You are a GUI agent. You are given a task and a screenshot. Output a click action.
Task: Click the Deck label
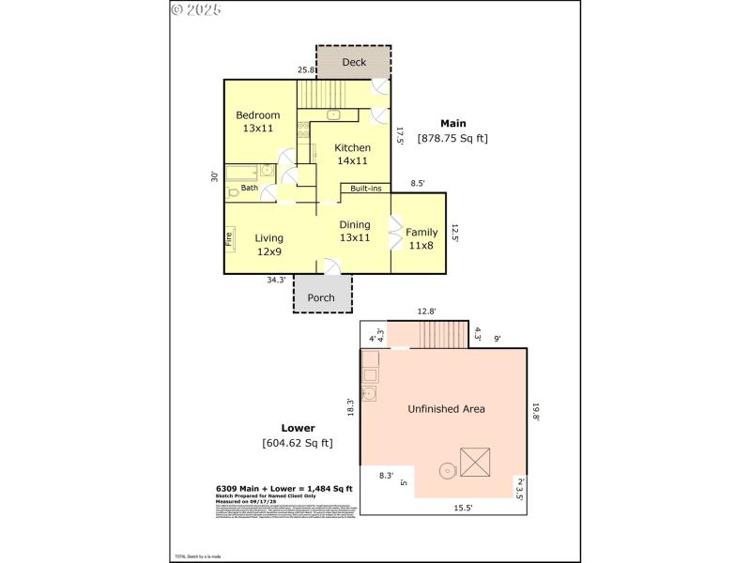pyautogui.click(x=354, y=63)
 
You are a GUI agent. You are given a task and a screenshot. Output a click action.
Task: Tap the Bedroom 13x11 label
pyautogui.click(x=256, y=122)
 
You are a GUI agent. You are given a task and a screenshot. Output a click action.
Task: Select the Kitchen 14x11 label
pyautogui.click(x=353, y=154)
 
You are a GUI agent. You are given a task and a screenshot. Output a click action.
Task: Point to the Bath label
pyautogui.click(x=249, y=188)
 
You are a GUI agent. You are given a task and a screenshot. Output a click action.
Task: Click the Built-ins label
pyautogui.click(x=365, y=189)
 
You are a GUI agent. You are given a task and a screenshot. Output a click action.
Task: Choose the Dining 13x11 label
pyautogui.click(x=354, y=231)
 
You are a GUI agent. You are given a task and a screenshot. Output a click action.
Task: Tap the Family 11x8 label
pyautogui.click(x=421, y=238)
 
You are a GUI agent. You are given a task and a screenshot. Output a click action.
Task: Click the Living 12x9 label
pyautogui.click(x=268, y=244)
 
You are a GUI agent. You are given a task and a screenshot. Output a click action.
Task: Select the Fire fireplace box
pyautogui.click(x=228, y=238)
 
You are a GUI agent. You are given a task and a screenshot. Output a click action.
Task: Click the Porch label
pyautogui.click(x=321, y=297)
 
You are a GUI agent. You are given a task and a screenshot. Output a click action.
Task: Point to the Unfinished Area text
pyautogui.click(x=445, y=409)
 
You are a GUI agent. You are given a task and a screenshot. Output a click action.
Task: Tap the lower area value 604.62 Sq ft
pyautogui.click(x=297, y=443)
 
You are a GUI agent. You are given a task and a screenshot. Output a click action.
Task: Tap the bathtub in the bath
pyautogui.click(x=242, y=173)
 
